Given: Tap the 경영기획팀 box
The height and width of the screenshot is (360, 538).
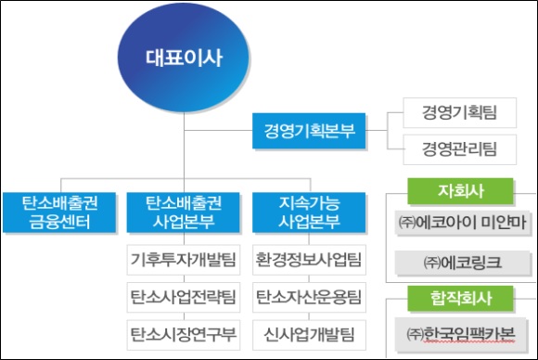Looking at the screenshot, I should tap(459, 115).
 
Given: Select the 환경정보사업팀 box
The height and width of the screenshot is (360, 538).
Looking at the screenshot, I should tap(310, 258).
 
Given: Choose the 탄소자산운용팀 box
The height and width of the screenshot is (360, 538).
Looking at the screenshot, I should tap(310, 298).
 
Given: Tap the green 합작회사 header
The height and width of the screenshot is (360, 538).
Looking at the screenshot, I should tap(461, 299).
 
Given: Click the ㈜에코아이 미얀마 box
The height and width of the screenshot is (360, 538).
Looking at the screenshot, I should tap(461, 224).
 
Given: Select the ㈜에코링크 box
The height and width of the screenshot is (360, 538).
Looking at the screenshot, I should tap(461, 263).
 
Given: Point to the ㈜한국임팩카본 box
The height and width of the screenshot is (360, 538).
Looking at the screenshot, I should tap(461, 333).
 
